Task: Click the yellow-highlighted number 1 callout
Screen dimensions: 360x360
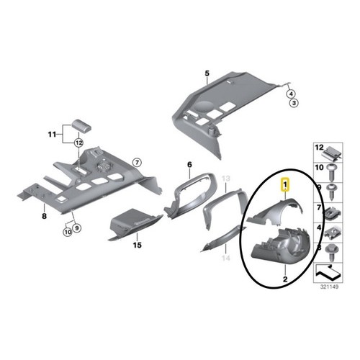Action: [285, 185]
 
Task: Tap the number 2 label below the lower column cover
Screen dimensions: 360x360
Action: [285, 279]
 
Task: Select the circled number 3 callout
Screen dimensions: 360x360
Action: [294, 104]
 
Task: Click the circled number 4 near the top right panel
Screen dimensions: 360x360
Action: [291, 94]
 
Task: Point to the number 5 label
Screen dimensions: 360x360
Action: [207, 73]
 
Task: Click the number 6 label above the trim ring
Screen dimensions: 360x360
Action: [189, 165]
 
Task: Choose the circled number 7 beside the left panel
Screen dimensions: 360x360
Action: [137, 163]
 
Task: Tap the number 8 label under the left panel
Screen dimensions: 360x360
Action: [44, 216]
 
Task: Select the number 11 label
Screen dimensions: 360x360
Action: [52, 135]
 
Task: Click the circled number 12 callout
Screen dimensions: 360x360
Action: [79, 143]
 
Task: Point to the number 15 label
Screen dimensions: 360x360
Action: [138, 245]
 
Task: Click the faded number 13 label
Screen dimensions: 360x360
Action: [226, 179]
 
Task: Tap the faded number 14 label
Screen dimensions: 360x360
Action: [226, 258]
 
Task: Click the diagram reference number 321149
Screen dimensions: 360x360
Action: [329, 287]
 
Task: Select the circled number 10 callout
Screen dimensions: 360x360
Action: [68, 232]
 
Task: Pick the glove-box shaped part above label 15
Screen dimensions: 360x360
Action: [135, 223]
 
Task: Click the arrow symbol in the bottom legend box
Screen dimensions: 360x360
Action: [328, 273]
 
